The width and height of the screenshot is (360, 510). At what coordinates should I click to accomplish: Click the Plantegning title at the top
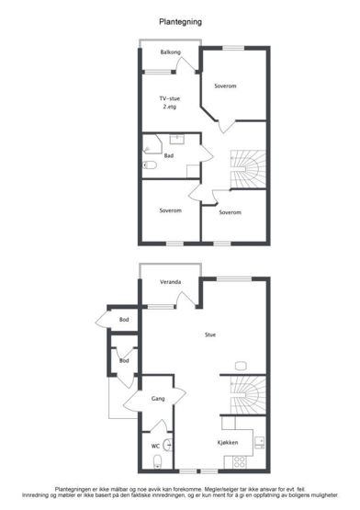(x=181, y=22)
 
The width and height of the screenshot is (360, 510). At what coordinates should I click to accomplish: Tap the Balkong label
(x=171, y=52)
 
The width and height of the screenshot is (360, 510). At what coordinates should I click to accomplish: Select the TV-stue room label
(x=169, y=98)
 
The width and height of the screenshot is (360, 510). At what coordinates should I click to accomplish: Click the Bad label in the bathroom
(x=168, y=156)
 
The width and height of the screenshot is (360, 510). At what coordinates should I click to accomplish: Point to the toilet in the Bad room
(x=150, y=165)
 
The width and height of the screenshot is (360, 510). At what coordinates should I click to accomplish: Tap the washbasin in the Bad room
(x=177, y=140)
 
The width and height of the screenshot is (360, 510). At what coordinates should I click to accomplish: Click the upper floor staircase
(x=248, y=169)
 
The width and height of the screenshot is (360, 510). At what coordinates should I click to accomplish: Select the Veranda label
(x=171, y=282)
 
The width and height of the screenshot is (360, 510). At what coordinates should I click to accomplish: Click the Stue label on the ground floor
(x=210, y=334)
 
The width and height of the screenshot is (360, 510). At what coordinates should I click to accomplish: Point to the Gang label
(x=158, y=399)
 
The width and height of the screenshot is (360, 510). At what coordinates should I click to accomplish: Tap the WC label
(x=155, y=447)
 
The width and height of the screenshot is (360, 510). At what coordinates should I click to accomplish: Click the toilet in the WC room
(x=158, y=462)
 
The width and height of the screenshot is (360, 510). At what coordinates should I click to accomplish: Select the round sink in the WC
(x=168, y=445)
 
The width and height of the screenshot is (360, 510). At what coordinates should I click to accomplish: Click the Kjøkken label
(x=228, y=443)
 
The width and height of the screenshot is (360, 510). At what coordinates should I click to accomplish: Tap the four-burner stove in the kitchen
(x=240, y=462)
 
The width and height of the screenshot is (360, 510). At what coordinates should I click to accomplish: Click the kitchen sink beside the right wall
(x=260, y=443)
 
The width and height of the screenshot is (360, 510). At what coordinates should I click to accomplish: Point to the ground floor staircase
(x=248, y=395)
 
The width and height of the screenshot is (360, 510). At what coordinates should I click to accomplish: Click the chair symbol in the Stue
(x=241, y=366)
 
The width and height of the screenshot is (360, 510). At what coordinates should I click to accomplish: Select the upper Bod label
(x=124, y=320)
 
